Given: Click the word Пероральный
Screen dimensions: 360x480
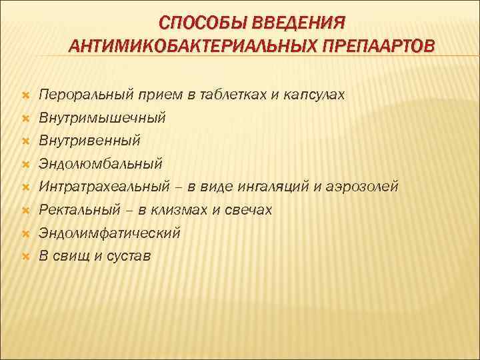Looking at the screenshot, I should [x=87, y=95].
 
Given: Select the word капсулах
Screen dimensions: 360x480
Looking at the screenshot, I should [x=313, y=95].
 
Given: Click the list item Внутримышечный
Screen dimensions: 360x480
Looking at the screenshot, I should [x=101, y=118].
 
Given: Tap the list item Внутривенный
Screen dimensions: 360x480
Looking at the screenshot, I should [x=89, y=141].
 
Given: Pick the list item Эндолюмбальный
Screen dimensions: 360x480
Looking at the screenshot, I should [x=100, y=164].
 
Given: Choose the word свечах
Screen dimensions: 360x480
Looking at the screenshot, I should [x=249, y=210].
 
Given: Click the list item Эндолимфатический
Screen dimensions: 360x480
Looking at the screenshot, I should [x=109, y=233].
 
